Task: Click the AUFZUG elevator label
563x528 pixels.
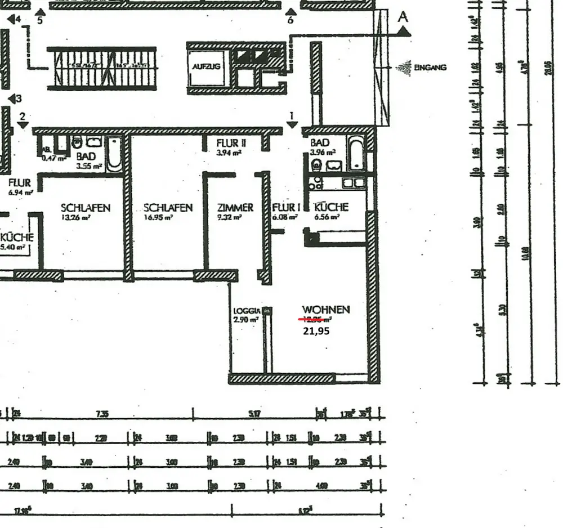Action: coord(206,66)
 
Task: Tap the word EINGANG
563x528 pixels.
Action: coord(430,68)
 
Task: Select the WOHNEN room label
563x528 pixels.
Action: coord(326,310)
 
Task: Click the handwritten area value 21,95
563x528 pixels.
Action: coord(316,331)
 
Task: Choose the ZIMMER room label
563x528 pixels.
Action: coord(235,207)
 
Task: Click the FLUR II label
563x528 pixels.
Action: coord(231,144)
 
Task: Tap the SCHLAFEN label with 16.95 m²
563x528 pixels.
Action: coord(168,208)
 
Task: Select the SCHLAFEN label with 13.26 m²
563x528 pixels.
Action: coord(86,208)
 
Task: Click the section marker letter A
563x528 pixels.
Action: coord(403,17)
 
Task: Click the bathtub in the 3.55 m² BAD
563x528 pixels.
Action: coord(114,153)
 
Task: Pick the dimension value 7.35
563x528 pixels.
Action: coord(102,414)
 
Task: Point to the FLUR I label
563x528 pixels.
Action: coord(286,207)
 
